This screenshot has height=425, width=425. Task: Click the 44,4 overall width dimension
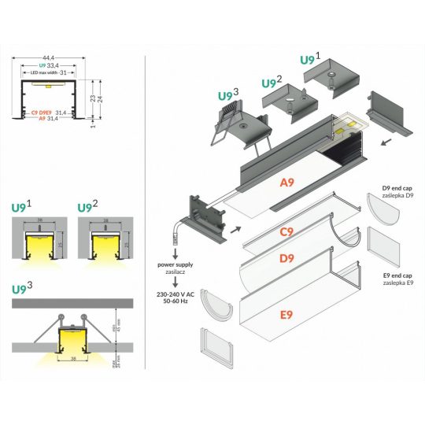point(49,57)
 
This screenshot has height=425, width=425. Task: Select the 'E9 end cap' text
point(397,275)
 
